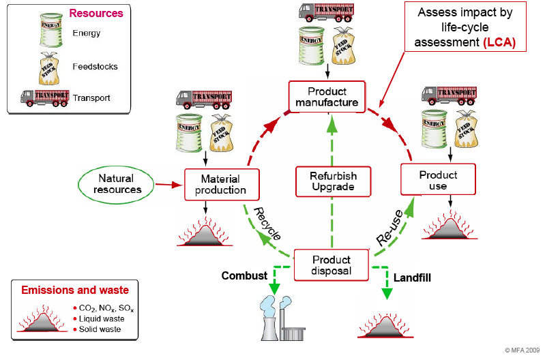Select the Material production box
(x=223, y=183)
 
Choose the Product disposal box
(x=332, y=265)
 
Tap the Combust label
(x=244, y=276)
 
